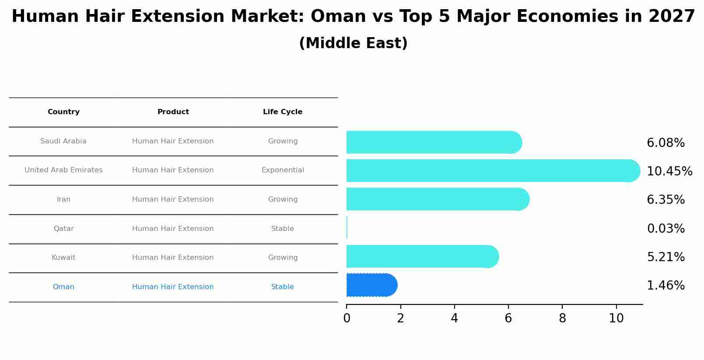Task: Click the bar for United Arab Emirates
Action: pos(490,171)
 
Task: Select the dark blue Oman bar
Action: pos(371,285)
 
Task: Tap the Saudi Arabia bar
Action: pos(433,142)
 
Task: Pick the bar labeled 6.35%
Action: pos(438,199)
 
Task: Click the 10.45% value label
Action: pos(669,171)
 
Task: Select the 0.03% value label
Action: pos(665,229)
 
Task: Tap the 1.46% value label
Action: pos(665,286)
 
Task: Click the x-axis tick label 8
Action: pos(562,319)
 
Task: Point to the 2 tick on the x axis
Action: pos(400,319)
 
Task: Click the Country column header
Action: pos(63,112)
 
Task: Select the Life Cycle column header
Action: pos(283,112)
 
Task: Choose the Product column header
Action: pos(173,112)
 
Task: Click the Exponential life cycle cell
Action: pos(283,170)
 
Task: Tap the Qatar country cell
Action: pos(63,229)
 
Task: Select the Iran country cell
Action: pos(63,199)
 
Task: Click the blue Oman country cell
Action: pos(63,287)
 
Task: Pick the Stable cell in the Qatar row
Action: pos(283,229)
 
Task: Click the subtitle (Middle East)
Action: pos(353,43)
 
